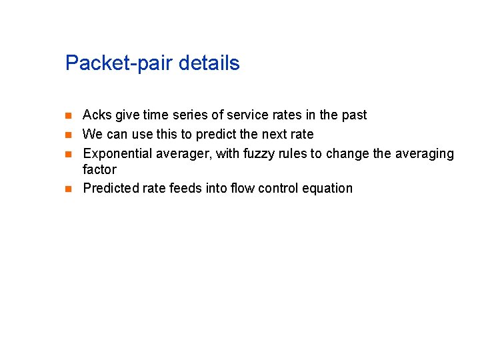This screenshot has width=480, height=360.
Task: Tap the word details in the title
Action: [x=206, y=63]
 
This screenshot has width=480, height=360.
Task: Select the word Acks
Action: [x=97, y=115]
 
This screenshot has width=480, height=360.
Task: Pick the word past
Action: [x=353, y=115]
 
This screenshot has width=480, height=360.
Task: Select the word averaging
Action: [x=424, y=154]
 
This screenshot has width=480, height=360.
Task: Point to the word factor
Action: [x=99, y=169]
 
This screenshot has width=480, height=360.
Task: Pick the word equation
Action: [x=327, y=188]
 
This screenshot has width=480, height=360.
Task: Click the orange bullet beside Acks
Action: [x=67, y=116]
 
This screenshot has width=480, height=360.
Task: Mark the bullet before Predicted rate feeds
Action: [x=67, y=189]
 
